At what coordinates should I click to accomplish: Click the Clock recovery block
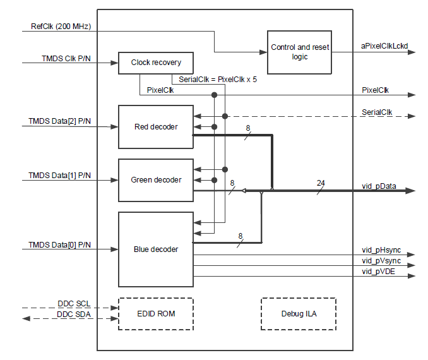[156, 63]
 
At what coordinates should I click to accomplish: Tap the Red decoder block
[156, 127]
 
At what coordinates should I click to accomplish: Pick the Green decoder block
[156, 180]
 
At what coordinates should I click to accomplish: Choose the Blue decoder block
[156, 249]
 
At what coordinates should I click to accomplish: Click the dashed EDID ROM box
[156, 313]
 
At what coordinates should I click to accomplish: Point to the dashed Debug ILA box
[299, 313]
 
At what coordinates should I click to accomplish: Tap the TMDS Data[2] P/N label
[59, 120]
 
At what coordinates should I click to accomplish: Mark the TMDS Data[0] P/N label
[59, 244]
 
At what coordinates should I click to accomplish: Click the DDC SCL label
[74, 303]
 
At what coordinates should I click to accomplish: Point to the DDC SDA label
[74, 314]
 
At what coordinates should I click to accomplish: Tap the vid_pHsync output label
[381, 250]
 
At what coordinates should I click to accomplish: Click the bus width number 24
[321, 183]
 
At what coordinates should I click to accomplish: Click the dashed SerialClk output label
[377, 112]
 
